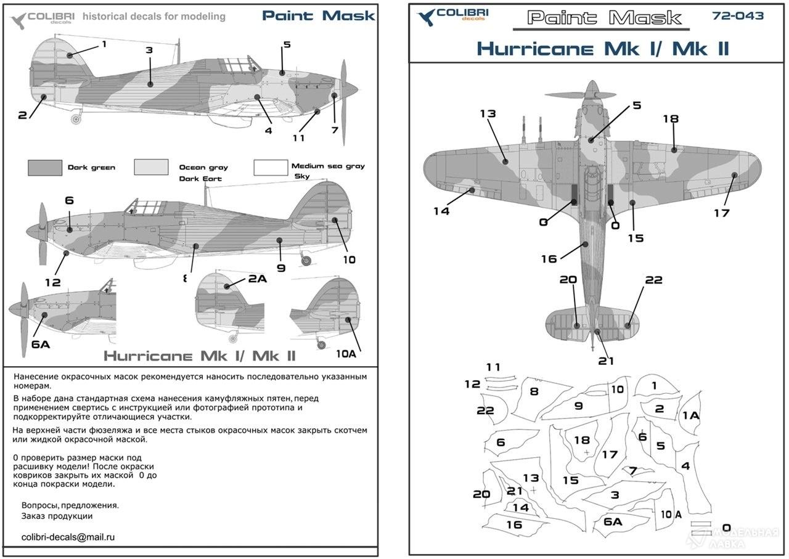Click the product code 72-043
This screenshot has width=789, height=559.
(x=738, y=16)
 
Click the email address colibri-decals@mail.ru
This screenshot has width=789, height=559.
(x=68, y=537)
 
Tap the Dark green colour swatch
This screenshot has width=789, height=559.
(x=44, y=168)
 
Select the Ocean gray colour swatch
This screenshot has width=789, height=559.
(x=151, y=168)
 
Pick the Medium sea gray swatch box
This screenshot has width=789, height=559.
(x=271, y=168)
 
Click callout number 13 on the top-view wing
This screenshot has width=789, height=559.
(x=488, y=114)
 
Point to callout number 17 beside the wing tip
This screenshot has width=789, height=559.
(x=721, y=213)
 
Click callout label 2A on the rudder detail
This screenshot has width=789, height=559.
(x=257, y=279)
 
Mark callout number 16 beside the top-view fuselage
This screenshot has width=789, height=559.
(x=549, y=259)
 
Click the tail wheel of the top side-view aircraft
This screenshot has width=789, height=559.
(x=76, y=118)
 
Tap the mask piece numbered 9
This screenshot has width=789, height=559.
(x=578, y=406)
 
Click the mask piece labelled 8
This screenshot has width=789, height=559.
(x=534, y=391)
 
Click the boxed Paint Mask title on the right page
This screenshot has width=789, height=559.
(x=604, y=18)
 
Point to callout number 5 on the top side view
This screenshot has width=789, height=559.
(x=287, y=44)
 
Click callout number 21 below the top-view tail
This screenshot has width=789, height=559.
(x=605, y=361)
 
